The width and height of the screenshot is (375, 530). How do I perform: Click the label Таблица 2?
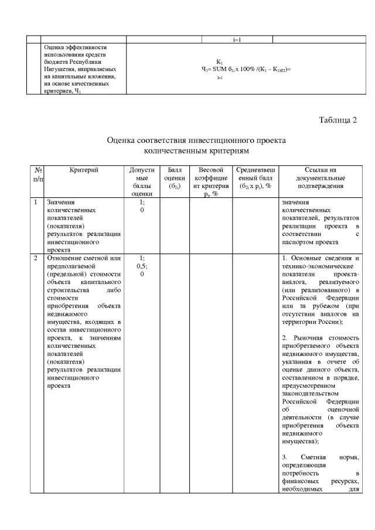(x=337, y=120)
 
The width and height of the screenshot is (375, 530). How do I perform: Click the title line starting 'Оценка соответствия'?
(x=196, y=141)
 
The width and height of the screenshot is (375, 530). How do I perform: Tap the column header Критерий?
(x=83, y=170)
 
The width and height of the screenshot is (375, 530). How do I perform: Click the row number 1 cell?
(x=36, y=203)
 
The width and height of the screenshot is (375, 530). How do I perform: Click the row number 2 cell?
(x=36, y=258)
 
